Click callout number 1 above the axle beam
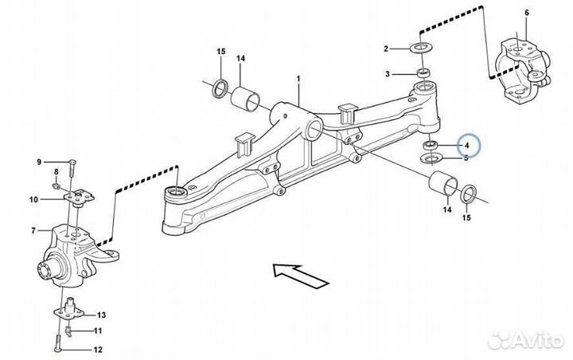tap(299, 80)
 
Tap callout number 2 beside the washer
tap(386, 49)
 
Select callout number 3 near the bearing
tap(386, 74)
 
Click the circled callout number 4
tap(467, 146)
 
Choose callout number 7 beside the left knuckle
tap(34, 231)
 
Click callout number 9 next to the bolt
tap(38, 162)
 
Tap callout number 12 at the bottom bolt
tap(98, 350)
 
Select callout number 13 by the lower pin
tap(101, 315)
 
